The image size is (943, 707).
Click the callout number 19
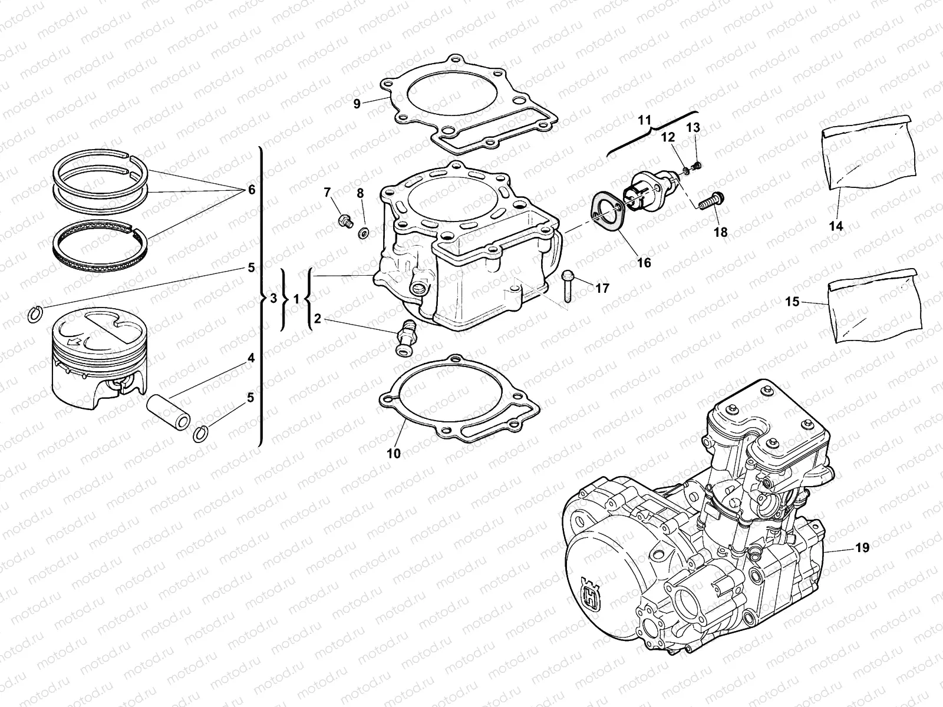862,547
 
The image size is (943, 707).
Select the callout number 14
836,226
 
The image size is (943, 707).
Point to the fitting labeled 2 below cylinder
407,337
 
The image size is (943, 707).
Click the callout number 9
357,104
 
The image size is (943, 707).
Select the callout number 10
394,453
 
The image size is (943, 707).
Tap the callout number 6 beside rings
251,190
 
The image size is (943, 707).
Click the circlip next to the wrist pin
202,435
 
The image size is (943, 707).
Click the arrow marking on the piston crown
75,341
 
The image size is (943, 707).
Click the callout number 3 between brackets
273,299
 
